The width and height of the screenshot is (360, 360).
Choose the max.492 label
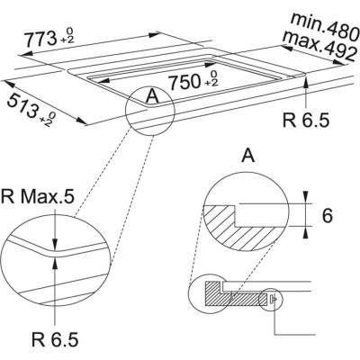316,40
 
